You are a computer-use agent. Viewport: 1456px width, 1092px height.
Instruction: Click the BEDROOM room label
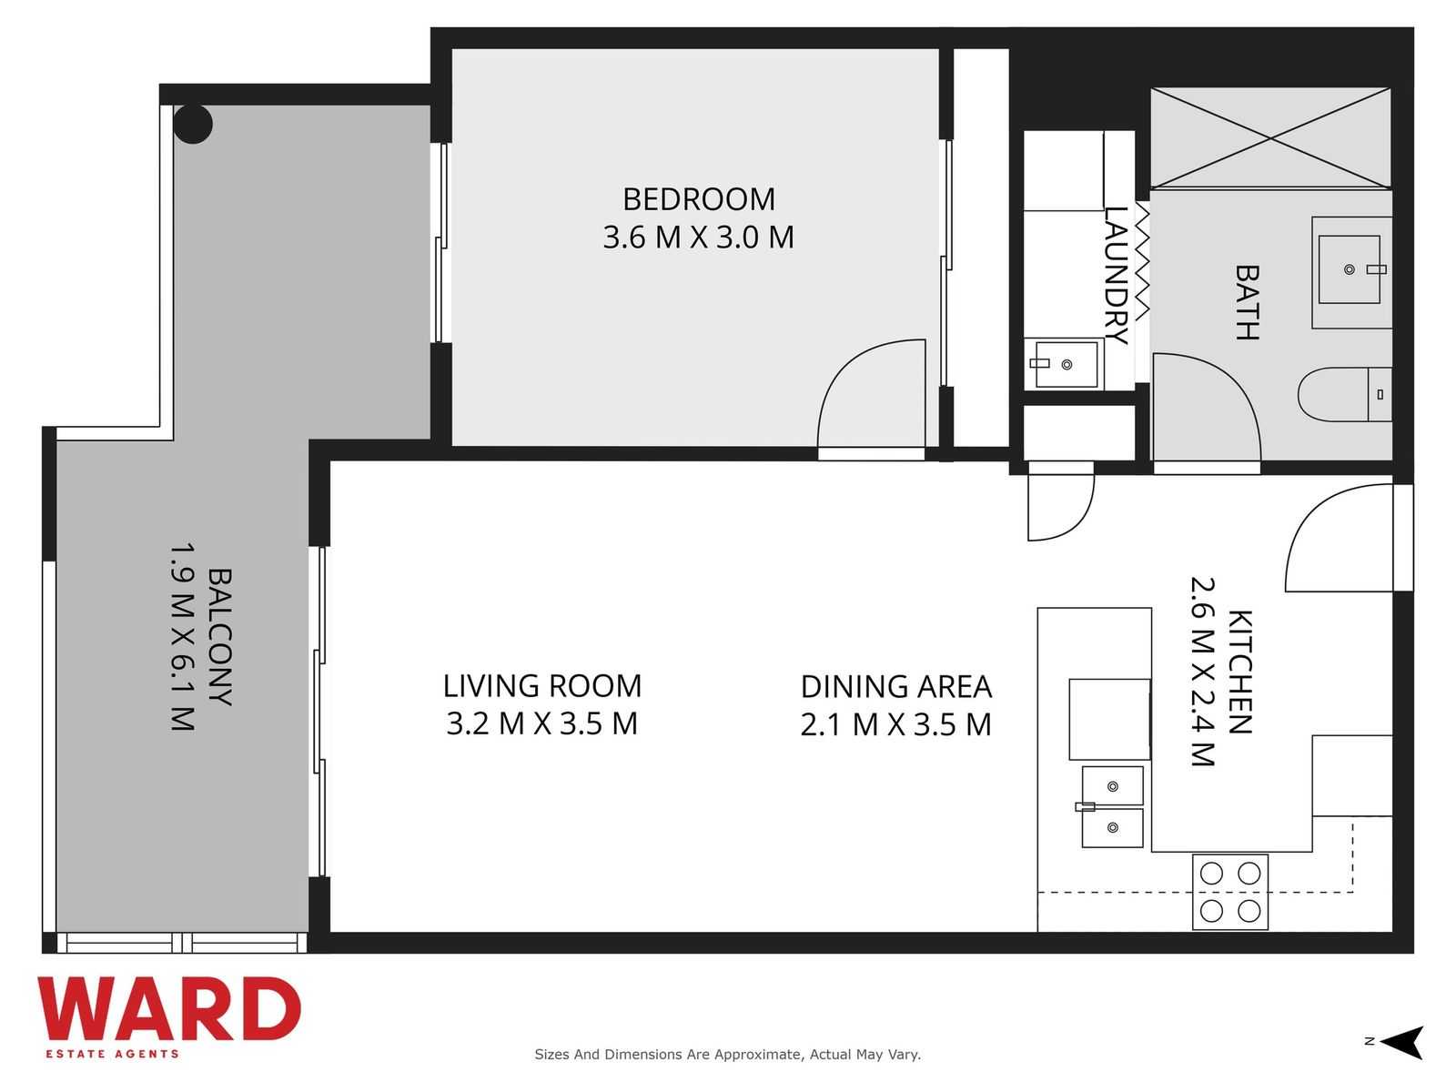(699, 199)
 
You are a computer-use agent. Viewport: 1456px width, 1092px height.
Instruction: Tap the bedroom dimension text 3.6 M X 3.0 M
(699, 238)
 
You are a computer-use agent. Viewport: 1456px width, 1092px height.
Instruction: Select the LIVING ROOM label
(542, 686)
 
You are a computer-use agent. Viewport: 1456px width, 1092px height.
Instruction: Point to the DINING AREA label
(896, 687)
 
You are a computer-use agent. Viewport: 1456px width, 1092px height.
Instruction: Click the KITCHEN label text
(1239, 672)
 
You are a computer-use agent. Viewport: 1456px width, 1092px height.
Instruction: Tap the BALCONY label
(219, 636)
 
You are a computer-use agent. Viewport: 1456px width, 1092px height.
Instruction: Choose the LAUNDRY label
(1116, 276)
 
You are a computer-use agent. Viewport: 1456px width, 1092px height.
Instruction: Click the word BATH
(1247, 303)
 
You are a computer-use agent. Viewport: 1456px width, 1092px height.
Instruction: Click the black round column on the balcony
(193, 124)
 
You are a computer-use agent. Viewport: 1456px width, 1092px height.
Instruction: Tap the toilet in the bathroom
(1344, 394)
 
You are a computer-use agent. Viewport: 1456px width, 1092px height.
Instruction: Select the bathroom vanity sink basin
(1350, 269)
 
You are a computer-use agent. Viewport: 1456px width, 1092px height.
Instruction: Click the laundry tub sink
(1066, 364)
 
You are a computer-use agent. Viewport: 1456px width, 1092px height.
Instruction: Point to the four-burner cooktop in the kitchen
(1229, 892)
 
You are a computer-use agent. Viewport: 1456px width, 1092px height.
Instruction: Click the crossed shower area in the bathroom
(1270, 138)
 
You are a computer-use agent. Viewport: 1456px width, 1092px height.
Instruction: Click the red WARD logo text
(169, 1009)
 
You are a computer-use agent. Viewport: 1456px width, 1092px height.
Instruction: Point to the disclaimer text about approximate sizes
(728, 1054)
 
